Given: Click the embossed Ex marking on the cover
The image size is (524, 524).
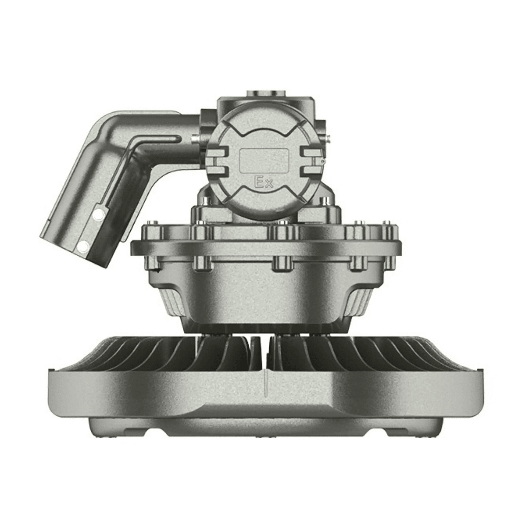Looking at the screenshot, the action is [x=263, y=183].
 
